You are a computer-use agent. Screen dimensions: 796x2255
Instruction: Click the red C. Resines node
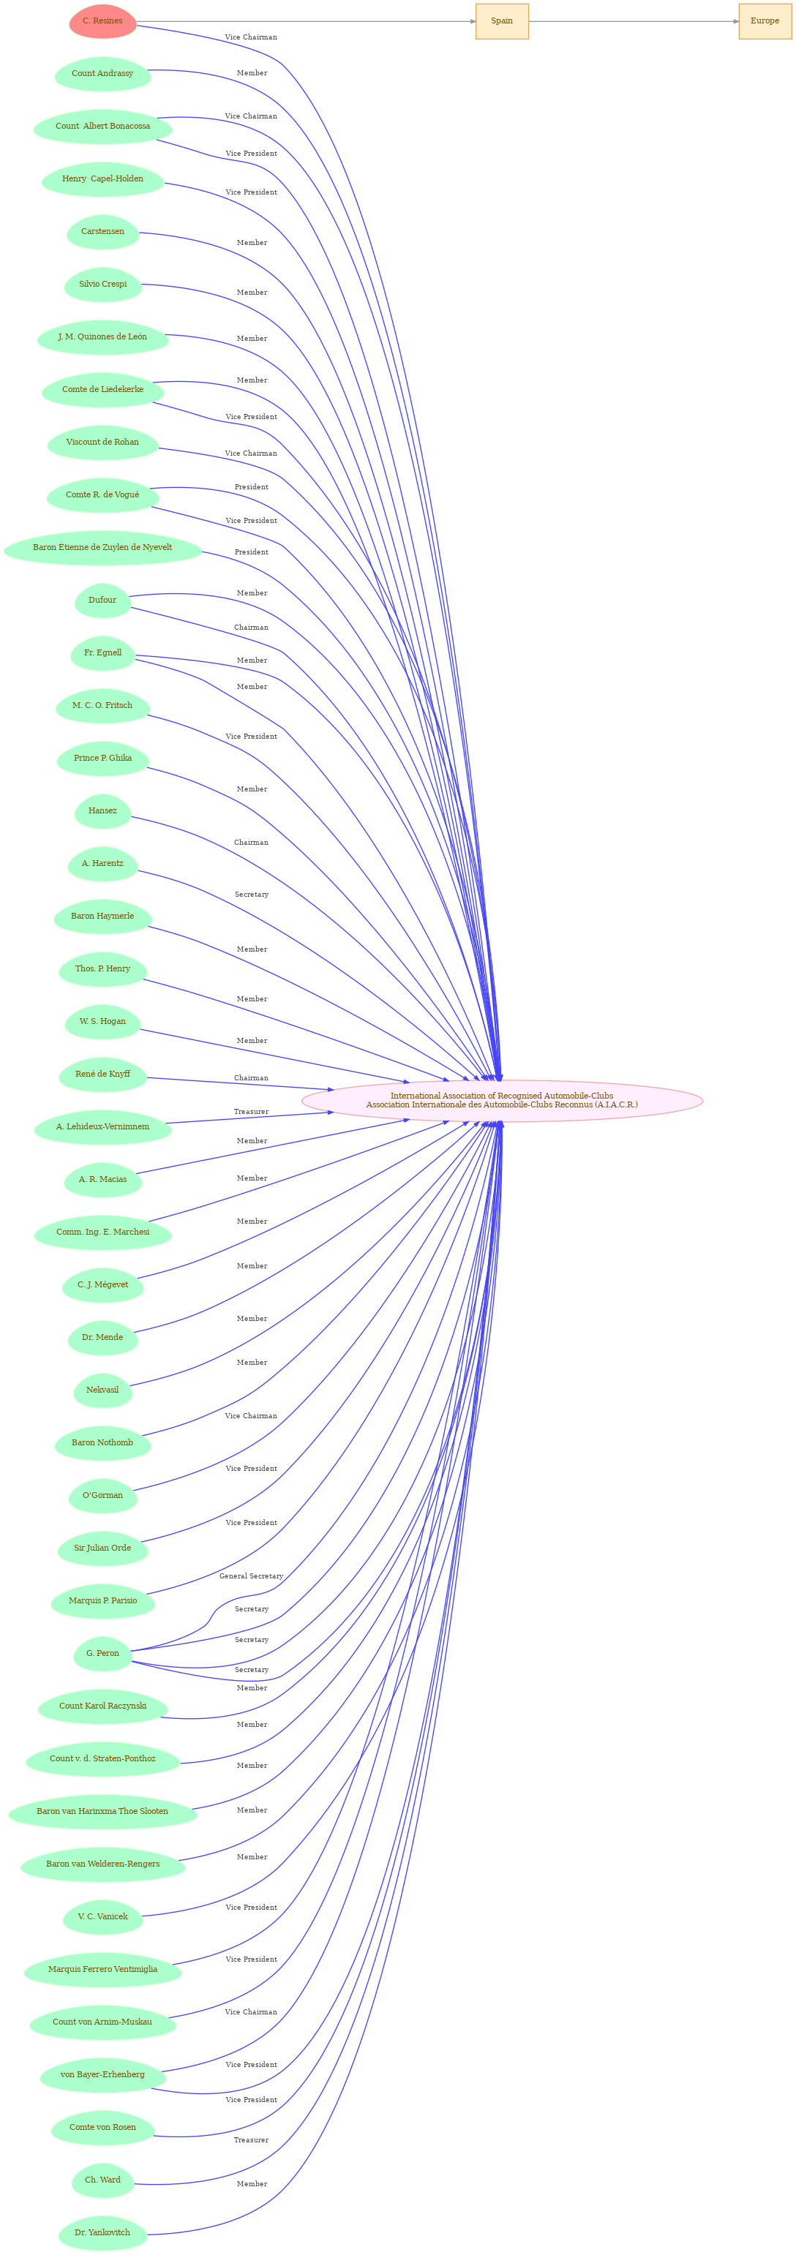coord(102,21)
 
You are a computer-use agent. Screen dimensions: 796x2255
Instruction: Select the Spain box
coord(502,21)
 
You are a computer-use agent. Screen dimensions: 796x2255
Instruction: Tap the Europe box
coord(765,21)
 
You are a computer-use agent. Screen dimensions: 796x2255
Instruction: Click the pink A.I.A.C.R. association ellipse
coord(502,1100)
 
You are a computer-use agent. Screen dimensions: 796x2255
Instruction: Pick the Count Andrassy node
coord(102,74)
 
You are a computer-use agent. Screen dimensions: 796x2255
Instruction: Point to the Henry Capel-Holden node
coord(102,178)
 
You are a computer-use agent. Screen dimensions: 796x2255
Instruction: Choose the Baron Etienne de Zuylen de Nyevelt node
coord(102,547)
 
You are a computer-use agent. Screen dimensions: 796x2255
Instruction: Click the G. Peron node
coord(102,1653)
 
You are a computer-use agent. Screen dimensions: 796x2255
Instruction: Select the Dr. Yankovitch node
coord(102,2232)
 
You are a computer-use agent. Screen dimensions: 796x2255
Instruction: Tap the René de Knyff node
coord(102,1074)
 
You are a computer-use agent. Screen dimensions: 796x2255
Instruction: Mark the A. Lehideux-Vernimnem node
coord(102,1126)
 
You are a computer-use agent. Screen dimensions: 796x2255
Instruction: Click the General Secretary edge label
coord(252,1576)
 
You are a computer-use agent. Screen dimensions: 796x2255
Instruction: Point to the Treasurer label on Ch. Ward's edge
coord(252,2139)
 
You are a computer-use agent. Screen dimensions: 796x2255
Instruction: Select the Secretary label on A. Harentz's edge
coord(252,894)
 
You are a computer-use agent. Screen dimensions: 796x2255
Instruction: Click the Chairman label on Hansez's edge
coord(252,842)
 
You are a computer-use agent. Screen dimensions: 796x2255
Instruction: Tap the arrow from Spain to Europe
coord(633,21)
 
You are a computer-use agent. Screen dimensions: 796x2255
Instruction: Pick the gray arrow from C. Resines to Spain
coord(306,21)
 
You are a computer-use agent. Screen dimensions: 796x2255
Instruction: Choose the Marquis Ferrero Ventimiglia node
coord(102,1969)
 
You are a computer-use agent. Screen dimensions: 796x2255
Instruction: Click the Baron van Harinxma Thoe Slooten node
coord(102,1811)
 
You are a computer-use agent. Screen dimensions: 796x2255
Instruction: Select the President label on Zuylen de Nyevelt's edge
coord(252,551)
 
